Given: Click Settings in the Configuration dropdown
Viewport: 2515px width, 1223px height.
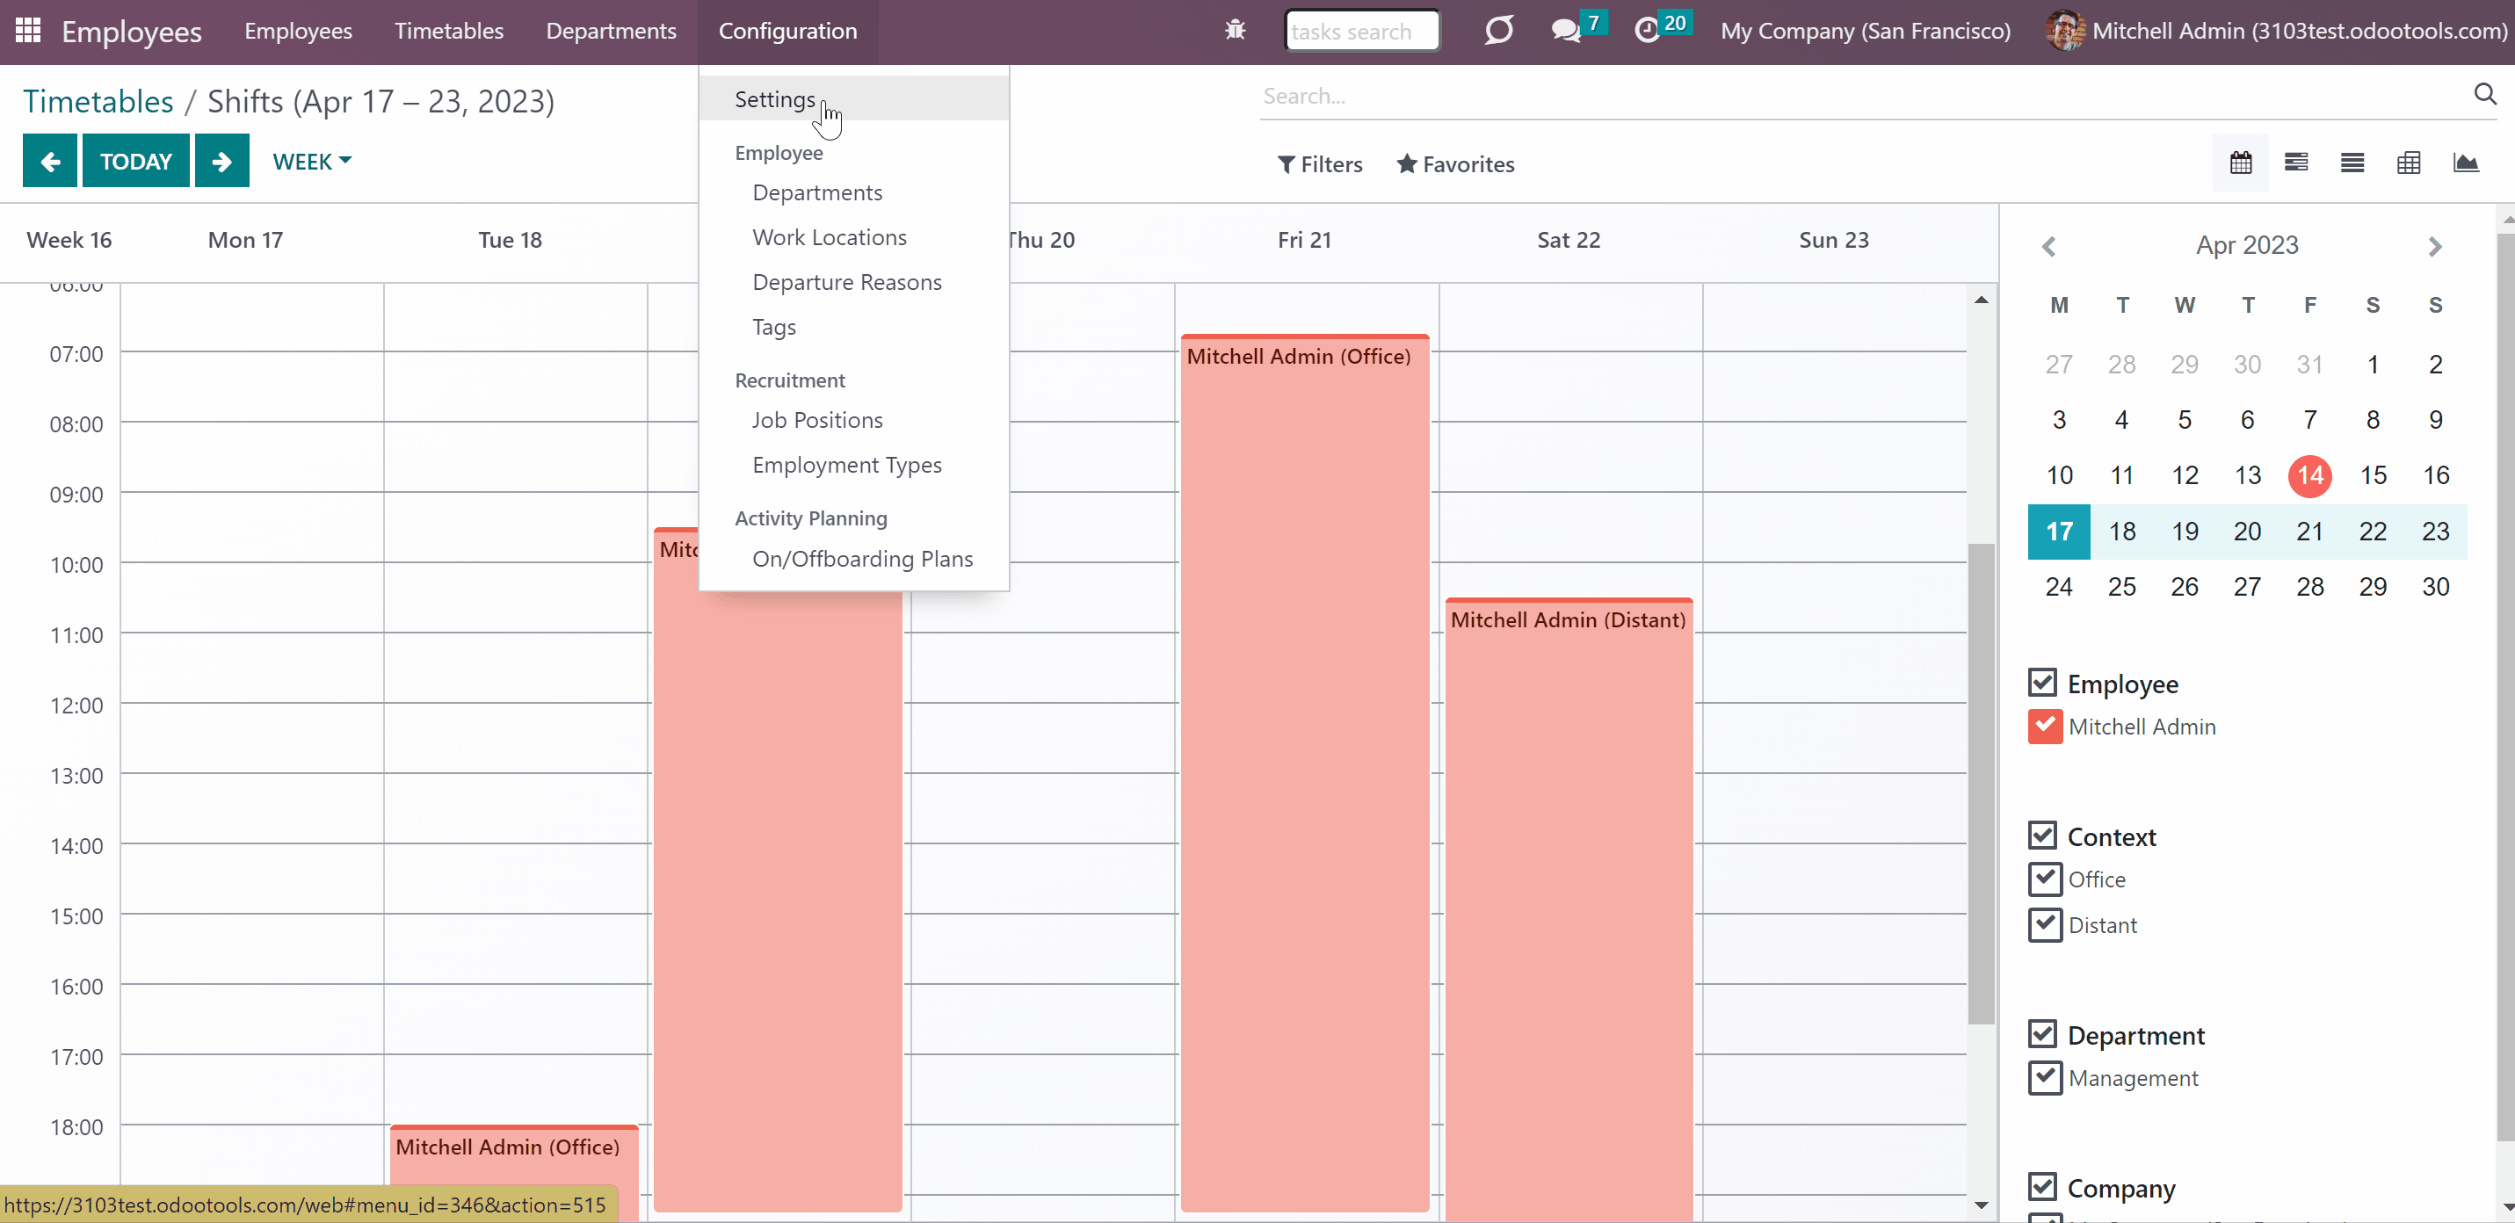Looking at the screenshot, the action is pyautogui.click(x=774, y=99).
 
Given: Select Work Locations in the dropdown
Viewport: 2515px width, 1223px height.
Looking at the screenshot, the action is pyautogui.click(x=829, y=237).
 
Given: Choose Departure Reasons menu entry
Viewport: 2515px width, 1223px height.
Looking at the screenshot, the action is pyautogui.click(x=846, y=282).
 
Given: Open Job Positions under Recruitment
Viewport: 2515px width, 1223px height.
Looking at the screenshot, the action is pyautogui.click(x=817, y=420).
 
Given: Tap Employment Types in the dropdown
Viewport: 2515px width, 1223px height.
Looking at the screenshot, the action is pyautogui.click(x=846, y=465).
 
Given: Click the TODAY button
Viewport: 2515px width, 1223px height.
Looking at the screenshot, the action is pyautogui.click(x=135, y=161).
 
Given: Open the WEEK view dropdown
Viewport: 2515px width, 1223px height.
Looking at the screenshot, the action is pyautogui.click(x=311, y=161).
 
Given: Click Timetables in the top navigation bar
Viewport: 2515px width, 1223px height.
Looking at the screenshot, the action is pyautogui.click(x=449, y=32).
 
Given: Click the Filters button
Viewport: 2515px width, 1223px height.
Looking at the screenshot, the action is pyautogui.click(x=1320, y=164).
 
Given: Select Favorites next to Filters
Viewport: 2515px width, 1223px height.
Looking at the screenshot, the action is pyautogui.click(x=1456, y=164).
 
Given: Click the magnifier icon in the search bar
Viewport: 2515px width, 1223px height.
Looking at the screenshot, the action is pyautogui.click(x=2485, y=94).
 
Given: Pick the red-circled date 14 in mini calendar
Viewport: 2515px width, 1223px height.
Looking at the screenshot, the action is pyautogui.click(x=2310, y=475).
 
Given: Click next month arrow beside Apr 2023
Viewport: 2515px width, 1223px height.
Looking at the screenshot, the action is pyautogui.click(x=2435, y=246).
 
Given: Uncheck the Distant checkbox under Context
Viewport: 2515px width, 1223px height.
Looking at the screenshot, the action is pyautogui.click(x=2044, y=923).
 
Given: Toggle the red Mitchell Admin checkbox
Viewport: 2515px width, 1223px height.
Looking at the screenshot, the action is pyautogui.click(x=2044, y=727).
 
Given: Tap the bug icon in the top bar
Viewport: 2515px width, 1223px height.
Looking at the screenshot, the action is pyautogui.click(x=1235, y=30).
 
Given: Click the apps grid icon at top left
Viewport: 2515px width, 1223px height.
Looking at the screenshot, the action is pyautogui.click(x=28, y=30).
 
